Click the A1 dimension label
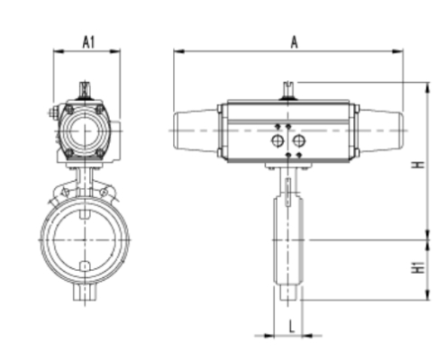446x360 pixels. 88,40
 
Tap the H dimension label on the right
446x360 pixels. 416,165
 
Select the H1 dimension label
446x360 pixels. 416,267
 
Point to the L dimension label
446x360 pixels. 292,324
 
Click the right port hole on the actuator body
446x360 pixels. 298,142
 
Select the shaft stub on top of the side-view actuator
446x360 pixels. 288,90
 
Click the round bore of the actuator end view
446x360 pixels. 86,131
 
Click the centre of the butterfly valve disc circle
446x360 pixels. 85,238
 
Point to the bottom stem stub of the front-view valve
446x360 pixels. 85,292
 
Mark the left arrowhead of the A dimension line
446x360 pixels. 177,52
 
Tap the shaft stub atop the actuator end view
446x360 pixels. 86,89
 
